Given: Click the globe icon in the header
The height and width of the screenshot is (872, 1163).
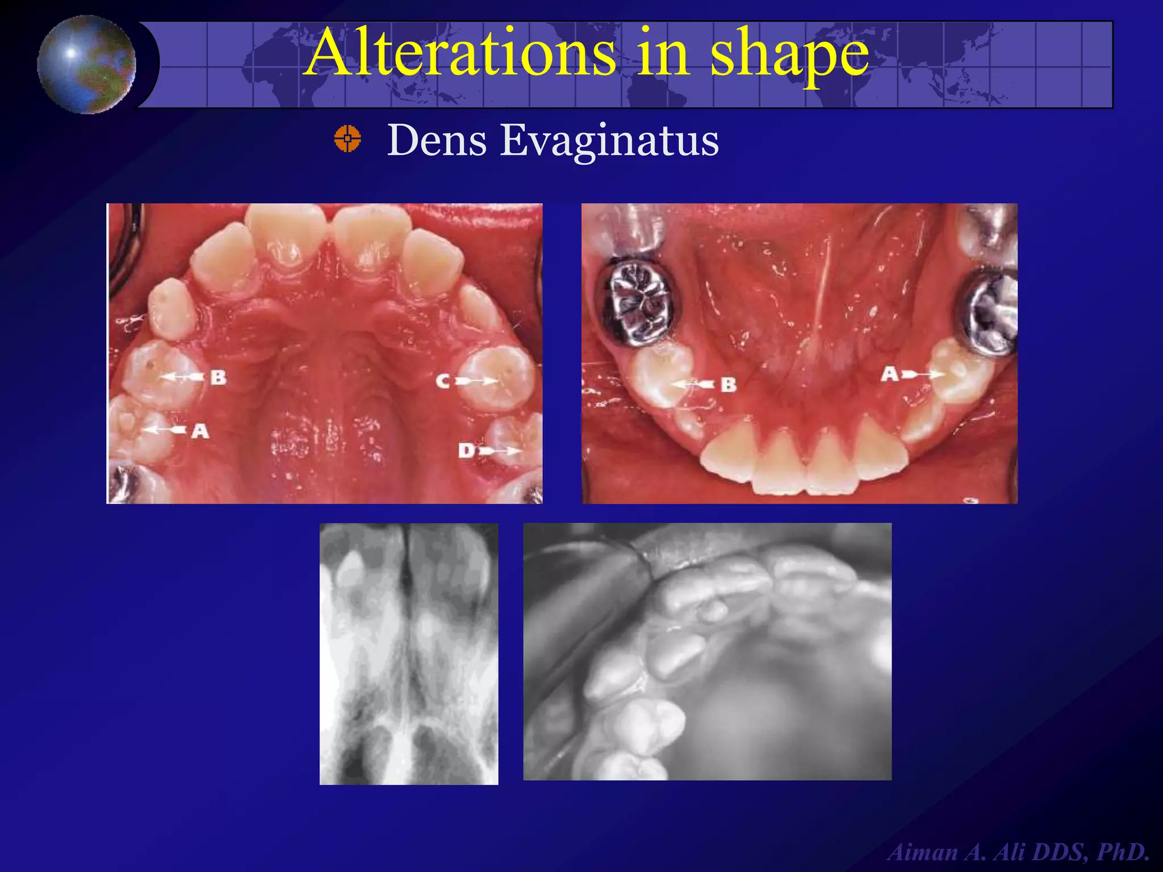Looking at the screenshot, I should click(x=87, y=64).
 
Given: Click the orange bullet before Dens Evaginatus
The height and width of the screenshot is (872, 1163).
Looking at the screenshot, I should click(x=348, y=139).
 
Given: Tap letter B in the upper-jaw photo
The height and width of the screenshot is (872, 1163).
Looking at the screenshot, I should click(x=218, y=377).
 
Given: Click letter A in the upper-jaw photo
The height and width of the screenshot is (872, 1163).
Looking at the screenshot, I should click(x=200, y=431).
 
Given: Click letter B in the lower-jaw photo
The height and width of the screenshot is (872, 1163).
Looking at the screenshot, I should click(x=729, y=385).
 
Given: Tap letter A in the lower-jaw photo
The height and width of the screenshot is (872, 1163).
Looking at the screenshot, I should click(x=890, y=374).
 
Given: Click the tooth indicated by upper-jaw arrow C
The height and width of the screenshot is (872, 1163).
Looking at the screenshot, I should click(x=500, y=378).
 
